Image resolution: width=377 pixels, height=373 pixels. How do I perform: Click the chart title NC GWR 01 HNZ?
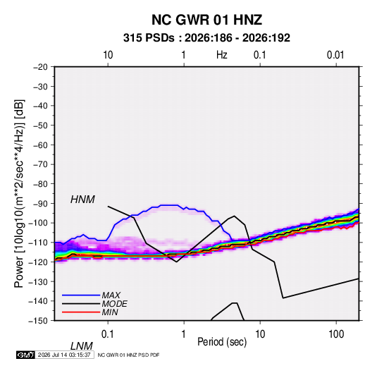[x=206, y=20]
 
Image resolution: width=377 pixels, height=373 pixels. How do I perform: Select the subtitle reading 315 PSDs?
[x=149, y=38]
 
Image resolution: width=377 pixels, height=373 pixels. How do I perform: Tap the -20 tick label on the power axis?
[x=41, y=67]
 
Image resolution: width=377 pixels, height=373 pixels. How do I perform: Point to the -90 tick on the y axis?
[x=41, y=204]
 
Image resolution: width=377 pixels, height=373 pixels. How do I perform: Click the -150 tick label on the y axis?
[x=38, y=321]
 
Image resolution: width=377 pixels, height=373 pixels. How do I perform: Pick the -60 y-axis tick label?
[x=41, y=145]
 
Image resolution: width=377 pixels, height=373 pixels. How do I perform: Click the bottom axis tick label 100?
[x=336, y=334]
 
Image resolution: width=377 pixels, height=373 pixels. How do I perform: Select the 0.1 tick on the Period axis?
[x=108, y=334]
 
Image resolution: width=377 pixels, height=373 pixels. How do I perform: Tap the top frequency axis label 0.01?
[x=335, y=55]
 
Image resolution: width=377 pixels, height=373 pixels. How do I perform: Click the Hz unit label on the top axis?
[x=222, y=55]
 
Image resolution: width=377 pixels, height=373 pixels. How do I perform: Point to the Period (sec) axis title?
[x=222, y=342]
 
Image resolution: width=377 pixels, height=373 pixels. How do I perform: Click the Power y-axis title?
[x=19, y=194]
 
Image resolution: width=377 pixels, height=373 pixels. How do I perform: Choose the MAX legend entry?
[x=111, y=295]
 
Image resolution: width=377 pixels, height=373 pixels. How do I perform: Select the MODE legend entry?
[x=114, y=304]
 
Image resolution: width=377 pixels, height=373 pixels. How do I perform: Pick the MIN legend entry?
[x=110, y=312]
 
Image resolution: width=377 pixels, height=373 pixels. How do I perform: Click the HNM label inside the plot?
[x=82, y=200]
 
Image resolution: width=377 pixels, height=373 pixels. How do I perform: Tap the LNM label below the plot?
[x=82, y=346]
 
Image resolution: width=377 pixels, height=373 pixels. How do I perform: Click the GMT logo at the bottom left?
[x=26, y=355]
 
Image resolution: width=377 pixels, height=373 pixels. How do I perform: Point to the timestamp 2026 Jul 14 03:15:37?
[x=64, y=355]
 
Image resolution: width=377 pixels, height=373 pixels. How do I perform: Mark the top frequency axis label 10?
[x=108, y=55]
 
